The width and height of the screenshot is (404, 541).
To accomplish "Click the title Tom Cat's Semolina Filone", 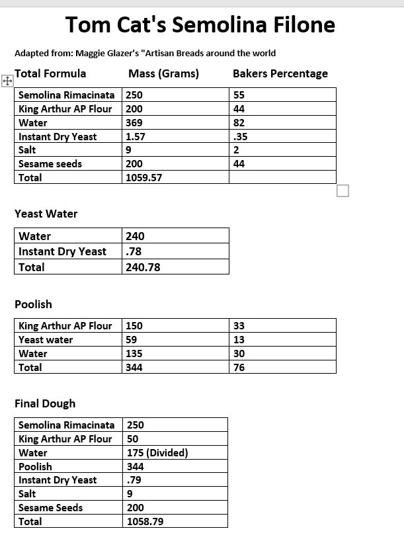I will pos(200,25).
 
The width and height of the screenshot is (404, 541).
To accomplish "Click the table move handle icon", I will pos(7,81).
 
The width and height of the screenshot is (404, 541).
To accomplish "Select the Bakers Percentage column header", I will pos(280,73).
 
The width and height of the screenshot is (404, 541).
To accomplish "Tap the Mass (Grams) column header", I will pos(163,73).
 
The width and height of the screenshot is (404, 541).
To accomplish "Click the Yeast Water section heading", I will pos(46,214).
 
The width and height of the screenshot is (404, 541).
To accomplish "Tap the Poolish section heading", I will pos(33,304).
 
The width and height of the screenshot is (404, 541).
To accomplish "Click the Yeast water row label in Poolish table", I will pos(46,340).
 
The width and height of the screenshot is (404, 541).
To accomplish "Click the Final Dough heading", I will pos(45,403).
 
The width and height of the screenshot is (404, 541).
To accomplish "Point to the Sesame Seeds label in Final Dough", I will pos(50,507).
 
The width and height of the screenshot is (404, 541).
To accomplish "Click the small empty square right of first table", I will pos(343,191).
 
